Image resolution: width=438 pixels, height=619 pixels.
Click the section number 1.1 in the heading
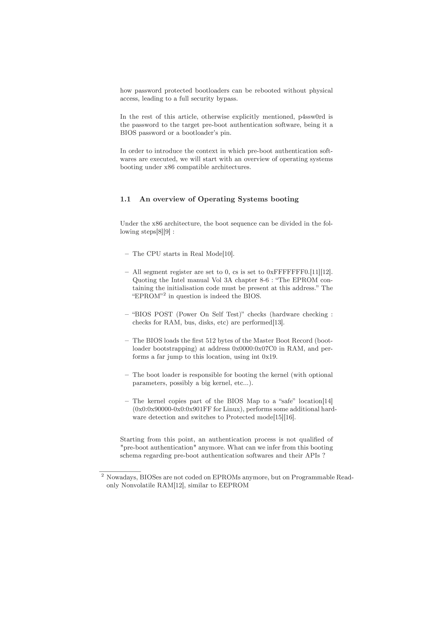click(125, 199)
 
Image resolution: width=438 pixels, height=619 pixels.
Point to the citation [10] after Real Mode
click(228, 254)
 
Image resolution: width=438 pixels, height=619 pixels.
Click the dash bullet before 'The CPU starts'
click(127, 254)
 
